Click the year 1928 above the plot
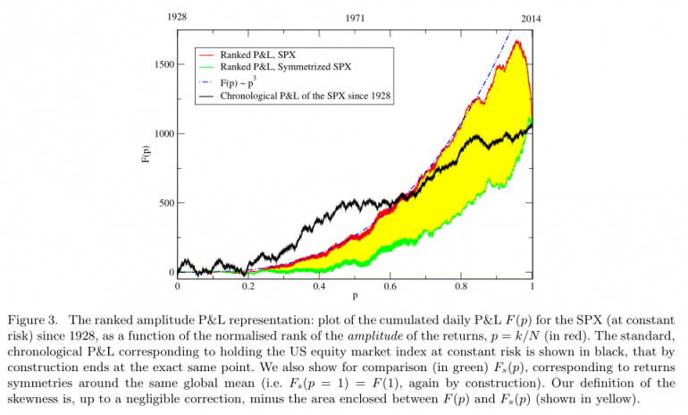coord(176,16)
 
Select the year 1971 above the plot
coord(355,17)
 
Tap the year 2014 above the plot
coord(531,17)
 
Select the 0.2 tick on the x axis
coord(248,286)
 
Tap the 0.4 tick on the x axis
coord(319,286)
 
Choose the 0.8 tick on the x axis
coord(461,286)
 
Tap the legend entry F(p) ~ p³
coord(241,81)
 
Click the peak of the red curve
coord(517,41)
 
